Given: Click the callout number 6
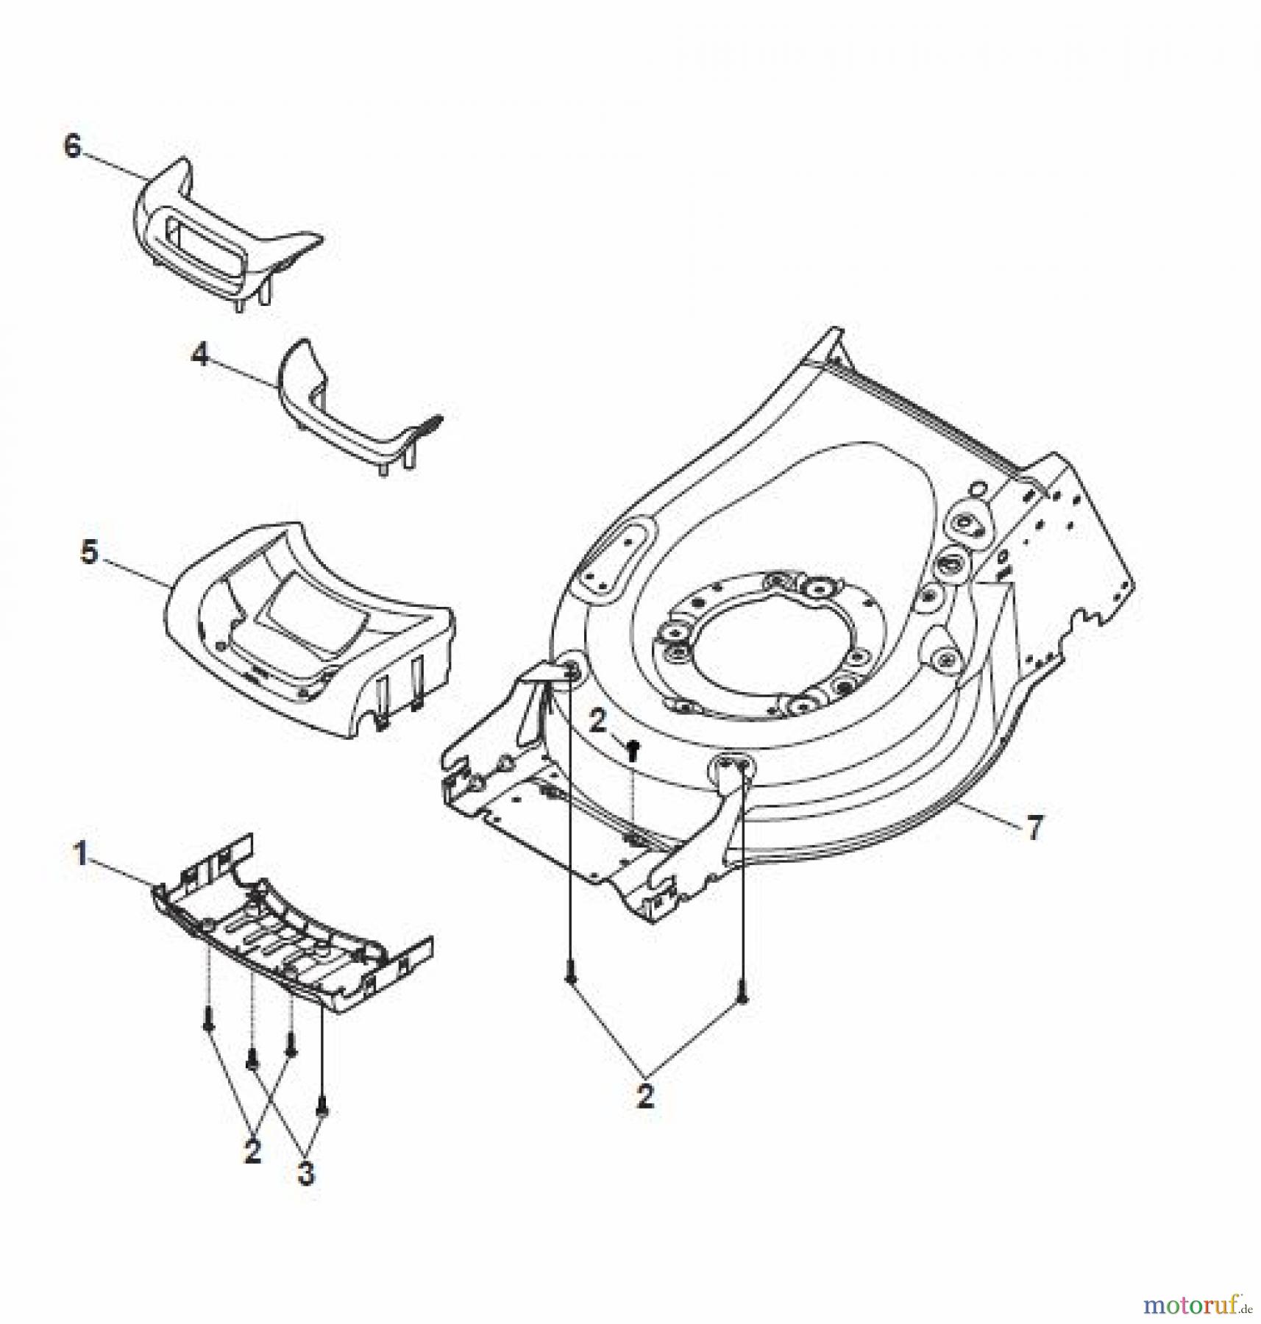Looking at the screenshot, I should pyautogui.click(x=72, y=146).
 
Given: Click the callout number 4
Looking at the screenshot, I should pyautogui.click(x=199, y=355).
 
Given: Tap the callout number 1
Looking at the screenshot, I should pyautogui.click(x=79, y=854).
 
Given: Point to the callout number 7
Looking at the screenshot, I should pyautogui.click(x=1034, y=829).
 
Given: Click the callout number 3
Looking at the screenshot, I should pyautogui.click(x=305, y=1175).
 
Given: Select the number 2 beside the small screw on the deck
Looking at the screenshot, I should pyautogui.click(x=597, y=722).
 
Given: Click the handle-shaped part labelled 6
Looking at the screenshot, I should pyautogui.click(x=221, y=235).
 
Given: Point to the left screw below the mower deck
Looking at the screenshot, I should pyautogui.click(x=570, y=979).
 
